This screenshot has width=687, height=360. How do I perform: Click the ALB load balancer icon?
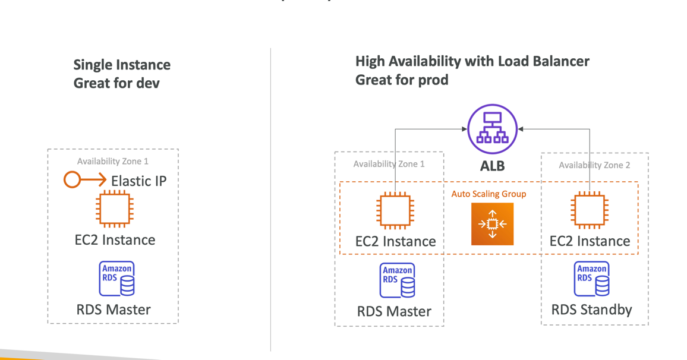pos(492,129)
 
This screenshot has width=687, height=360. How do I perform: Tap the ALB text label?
pos(492,166)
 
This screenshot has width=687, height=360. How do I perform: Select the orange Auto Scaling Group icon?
pos(492,224)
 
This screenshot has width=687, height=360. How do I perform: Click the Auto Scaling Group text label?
pos(489,194)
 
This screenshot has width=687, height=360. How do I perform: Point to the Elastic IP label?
pos(138,181)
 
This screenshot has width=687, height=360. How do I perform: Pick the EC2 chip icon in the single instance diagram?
pos(115,209)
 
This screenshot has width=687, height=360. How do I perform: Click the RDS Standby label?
pos(591,310)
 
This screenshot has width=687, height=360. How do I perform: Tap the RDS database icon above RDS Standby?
pos(591,279)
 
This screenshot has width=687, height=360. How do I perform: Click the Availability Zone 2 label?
pos(594,165)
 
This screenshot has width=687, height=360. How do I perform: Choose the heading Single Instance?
pos(122,65)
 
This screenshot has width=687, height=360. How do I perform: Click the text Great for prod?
pos(402,80)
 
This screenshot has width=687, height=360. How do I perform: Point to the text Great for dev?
pos(116,83)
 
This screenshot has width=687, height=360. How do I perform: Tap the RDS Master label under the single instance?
pos(114,310)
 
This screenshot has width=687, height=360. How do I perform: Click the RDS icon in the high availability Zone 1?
pos(397,280)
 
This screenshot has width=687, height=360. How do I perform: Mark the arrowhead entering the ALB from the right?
pos(521,129)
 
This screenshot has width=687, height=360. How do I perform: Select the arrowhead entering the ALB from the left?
pos(464,129)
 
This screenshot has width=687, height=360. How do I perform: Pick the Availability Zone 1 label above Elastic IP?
pos(113,161)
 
